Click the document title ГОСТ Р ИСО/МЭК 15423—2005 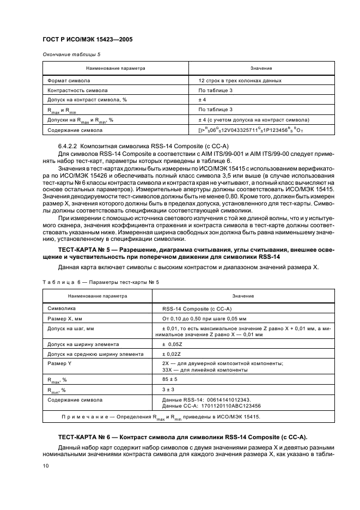87,40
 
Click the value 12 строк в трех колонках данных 240,80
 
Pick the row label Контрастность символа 77,90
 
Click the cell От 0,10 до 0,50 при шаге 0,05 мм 205,318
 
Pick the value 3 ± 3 168,390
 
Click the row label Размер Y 59,362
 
